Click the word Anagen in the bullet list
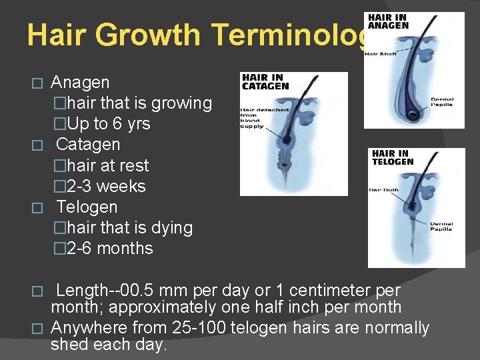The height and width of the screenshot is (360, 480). pos(80,83)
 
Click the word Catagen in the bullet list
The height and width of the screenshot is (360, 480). pos(88,145)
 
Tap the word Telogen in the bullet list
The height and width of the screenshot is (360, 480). pos(87,207)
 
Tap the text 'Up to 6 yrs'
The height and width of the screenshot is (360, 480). pos(109,124)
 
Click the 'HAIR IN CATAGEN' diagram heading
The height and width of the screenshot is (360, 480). pos(265,82)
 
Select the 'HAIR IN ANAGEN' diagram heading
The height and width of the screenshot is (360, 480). pos(389,21)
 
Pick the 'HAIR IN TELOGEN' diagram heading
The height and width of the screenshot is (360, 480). pos(393,157)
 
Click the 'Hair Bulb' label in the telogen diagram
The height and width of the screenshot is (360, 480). pos(384,190)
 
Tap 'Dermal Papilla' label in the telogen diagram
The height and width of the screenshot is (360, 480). pos(441,227)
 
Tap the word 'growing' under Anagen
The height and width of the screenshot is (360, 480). pos(181,103)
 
